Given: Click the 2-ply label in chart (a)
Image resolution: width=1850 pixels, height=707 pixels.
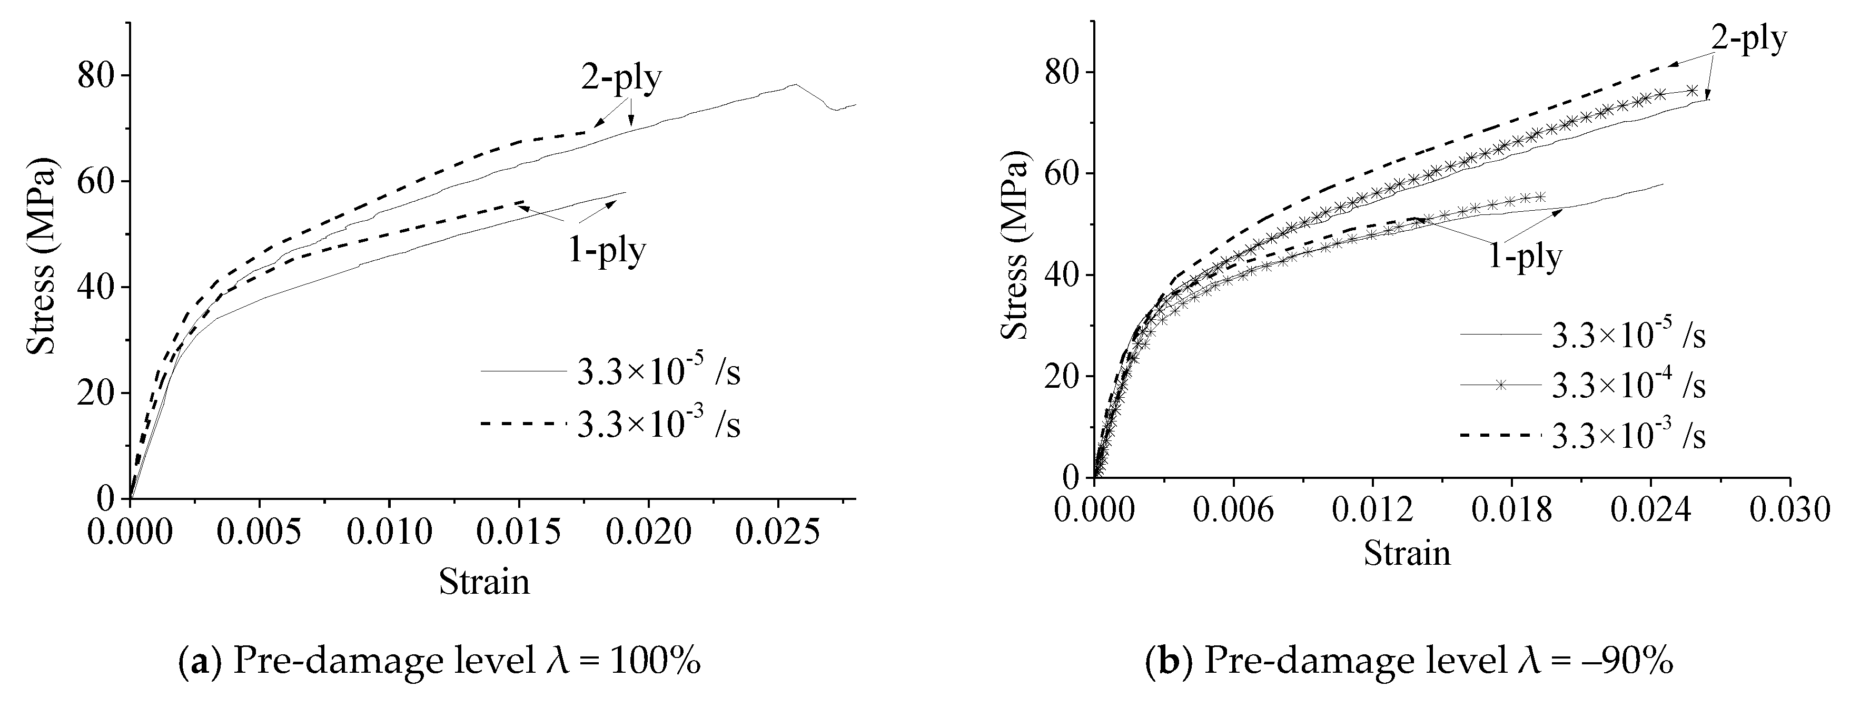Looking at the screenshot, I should click(x=622, y=78).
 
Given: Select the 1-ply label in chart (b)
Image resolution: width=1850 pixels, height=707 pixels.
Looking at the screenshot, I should click(x=1524, y=256).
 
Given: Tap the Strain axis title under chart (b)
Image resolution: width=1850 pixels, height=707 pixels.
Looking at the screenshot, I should click(x=1408, y=553).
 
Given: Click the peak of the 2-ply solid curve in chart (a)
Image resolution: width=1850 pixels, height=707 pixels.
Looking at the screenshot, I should click(x=794, y=85).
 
